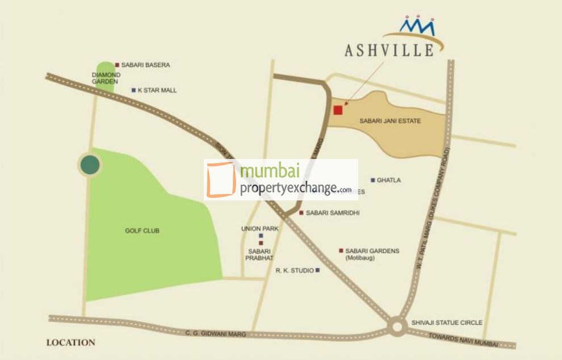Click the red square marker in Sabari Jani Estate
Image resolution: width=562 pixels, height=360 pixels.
[x=338, y=110]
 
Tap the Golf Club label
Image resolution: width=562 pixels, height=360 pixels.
[x=142, y=231]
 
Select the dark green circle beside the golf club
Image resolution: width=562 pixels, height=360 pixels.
[x=90, y=165]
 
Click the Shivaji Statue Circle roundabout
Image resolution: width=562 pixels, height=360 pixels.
[x=397, y=326]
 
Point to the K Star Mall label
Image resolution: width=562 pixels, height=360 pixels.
[x=157, y=90]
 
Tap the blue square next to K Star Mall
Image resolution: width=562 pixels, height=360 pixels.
[x=133, y=90]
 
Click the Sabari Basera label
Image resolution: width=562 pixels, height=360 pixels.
[x=145, y=65]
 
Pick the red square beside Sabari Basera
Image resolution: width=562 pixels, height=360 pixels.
[x=117, y=65]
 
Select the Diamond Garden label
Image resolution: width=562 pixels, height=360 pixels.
[x=106, y=78]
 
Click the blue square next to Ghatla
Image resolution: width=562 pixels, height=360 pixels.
[x=372, y=180]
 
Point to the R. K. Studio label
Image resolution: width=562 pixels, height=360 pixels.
[x=295, y=271]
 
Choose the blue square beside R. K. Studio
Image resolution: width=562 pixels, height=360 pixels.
[x=317, y=270]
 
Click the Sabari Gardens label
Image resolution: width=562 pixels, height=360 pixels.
[x=372, y=251]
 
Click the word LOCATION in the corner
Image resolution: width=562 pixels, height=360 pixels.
[x=70, y=342]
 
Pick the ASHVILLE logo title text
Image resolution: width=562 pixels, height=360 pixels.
[x=389, y=51]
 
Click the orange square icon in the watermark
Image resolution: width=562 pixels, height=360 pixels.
[x=221, y=179]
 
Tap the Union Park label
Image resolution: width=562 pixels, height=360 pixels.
[x=259, y=228]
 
